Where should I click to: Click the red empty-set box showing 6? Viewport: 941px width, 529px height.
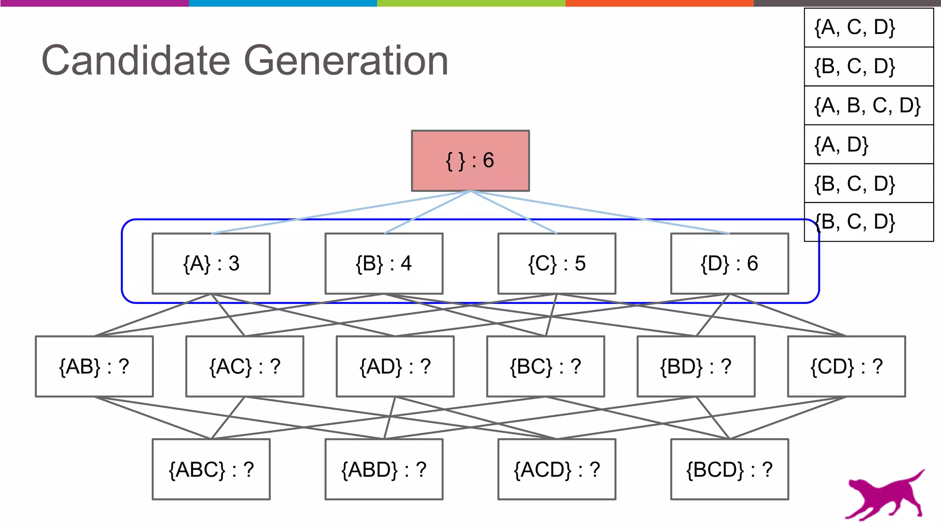point(470,161)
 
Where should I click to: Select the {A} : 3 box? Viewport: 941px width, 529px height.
point(211,264)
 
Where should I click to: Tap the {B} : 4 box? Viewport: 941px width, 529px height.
point(384,264)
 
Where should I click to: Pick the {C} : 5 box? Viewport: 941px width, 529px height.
point(556,264)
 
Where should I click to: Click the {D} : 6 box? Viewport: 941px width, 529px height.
point(729,264)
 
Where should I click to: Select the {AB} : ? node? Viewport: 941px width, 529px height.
point(94,366)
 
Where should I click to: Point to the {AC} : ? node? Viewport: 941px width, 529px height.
point(244,366)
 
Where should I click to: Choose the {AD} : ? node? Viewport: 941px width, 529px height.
point(395,366)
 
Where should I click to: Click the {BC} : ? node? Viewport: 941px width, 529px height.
point(545,366)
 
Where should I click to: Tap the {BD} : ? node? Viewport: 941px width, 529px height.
point(696,366)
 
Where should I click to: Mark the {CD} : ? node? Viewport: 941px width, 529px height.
point(846,366)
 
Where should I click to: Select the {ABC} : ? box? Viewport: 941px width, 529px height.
point(211,469)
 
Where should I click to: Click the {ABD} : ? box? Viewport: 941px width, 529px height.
point(384,469)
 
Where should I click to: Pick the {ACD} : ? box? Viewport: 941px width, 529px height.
point(556,469)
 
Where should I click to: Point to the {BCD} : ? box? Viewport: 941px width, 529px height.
point(729,469)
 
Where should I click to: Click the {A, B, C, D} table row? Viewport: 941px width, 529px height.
point(868,106)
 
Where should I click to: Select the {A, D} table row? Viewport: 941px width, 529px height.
point(868,145)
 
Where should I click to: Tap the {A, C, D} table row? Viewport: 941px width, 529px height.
point(868,28)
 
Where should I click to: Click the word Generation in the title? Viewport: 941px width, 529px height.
point(346,61)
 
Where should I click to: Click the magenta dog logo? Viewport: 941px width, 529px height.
point(884,495)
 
